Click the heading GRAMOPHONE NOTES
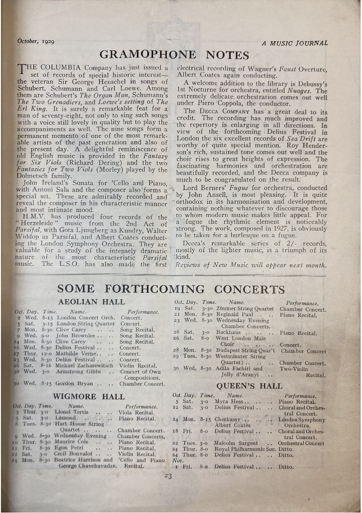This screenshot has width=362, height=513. [174, 55]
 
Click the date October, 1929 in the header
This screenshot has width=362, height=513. [36, 41]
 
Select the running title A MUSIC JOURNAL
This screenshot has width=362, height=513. [295, 43]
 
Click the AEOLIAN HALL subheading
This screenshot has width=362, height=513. [91, 302]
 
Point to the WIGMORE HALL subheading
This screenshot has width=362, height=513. [88, 397]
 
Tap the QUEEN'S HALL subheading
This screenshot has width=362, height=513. [249, 386]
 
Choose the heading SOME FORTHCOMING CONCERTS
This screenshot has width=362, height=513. [171, 289]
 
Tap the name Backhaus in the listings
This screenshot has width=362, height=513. [228, 333]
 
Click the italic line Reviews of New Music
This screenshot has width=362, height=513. [251, 265]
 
